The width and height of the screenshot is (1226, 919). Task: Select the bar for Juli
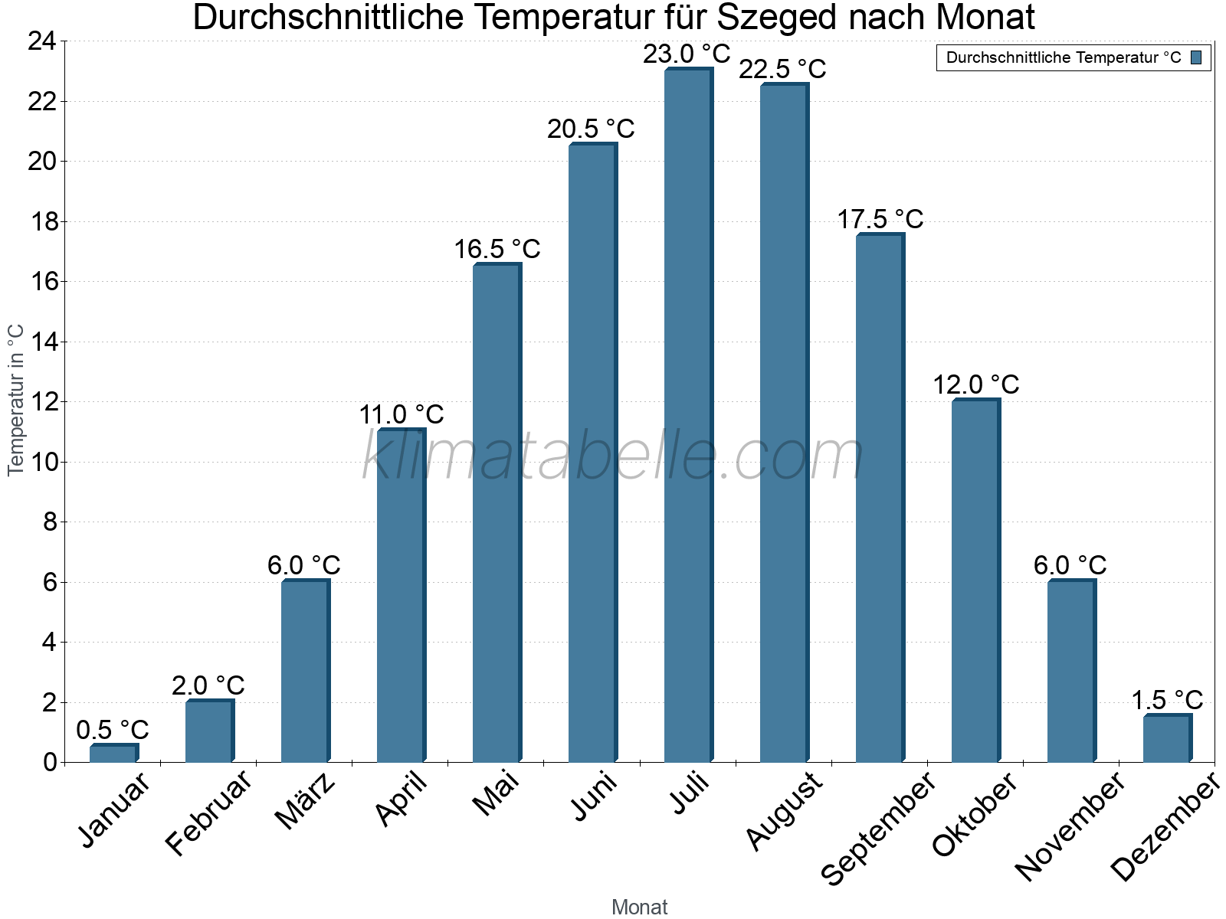tap(688, 417)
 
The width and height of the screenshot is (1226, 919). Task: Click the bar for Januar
tap(113, 754)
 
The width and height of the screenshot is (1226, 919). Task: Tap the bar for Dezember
tap(1167, 739)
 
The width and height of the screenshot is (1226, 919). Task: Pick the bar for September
tap(880, 499)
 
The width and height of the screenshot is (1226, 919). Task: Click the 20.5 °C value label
tap(591, 129)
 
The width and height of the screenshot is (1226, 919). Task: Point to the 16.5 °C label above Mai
tap(497, 249)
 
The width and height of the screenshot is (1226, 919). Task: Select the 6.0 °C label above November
tap(1070, 565)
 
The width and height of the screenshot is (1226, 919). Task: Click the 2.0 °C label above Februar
tap(208, 685)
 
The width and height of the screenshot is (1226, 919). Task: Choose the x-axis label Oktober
tap(975, 813)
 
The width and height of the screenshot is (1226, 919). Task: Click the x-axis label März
tap(306, 801)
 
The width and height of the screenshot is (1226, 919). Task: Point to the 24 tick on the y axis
tap(42, 41)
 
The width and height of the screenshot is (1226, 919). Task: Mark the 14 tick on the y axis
tap(42, 342)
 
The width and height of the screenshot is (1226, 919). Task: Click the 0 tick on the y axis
tap(50, 762)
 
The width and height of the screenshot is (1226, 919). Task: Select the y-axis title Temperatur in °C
tap(16, 400)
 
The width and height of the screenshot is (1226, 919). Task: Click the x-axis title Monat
tap(639, 907)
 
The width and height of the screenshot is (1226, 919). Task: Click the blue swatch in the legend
tap(1196, 57)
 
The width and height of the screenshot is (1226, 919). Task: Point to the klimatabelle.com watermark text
tap(613, 456)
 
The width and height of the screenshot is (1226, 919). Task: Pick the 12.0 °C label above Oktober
tap(975, 384)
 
